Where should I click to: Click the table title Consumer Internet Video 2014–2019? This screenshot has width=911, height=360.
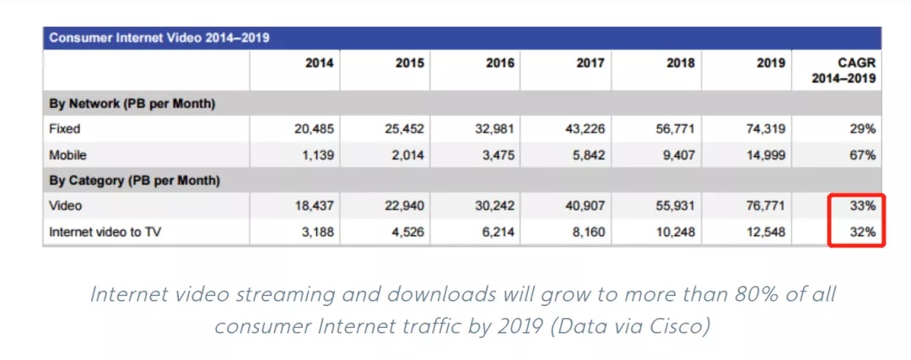click(x=159, y=38)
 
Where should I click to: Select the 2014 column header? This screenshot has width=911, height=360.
click(x=319, y=63)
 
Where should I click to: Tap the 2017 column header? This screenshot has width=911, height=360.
click(x=590, y=63)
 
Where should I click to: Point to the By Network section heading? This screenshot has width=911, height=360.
click(x=132, y=104)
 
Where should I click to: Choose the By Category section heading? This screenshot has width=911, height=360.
click(x=135, y=180)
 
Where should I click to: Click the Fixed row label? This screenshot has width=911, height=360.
click(x=65, y=130)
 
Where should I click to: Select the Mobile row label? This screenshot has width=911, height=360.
click(x=67, y=155)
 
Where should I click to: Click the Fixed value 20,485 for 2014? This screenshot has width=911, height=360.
click(x=313, y=130)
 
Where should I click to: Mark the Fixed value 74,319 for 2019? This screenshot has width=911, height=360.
click(x=764, y=130)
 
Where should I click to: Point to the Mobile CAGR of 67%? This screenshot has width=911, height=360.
click(x=862, y=155)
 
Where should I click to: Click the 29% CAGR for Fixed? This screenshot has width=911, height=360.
click(x=862, y=130)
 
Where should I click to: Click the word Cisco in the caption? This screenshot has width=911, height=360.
click(x=679, y=325)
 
